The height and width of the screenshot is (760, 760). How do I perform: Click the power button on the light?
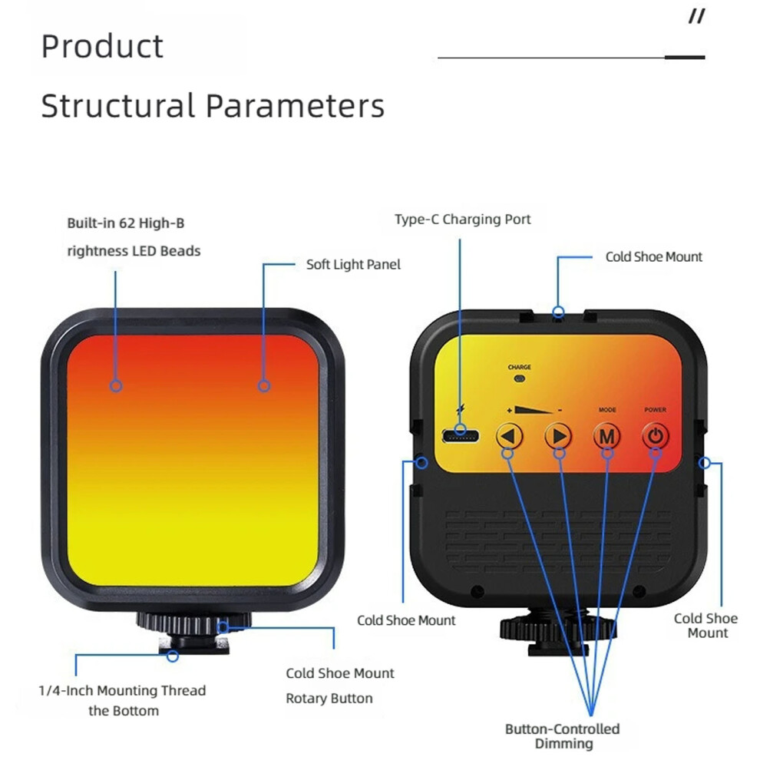coord(656,436)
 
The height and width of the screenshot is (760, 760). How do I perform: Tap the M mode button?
coord(606,436)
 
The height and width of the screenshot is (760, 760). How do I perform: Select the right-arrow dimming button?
coord(558,436)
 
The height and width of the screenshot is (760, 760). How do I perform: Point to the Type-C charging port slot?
coord(461,436)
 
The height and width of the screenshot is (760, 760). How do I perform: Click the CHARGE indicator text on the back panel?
coord(519,367)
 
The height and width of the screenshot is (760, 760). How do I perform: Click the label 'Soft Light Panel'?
coord(353,265)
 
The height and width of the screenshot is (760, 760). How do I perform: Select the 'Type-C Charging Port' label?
coord(462,219)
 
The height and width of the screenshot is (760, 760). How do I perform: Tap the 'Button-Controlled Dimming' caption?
coord(563,735)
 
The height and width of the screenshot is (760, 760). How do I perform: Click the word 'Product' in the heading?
coord(102,47)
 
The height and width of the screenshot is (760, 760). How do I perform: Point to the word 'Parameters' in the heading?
coord(296,106)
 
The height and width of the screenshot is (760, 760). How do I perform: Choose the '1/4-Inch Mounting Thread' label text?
coord(122,690)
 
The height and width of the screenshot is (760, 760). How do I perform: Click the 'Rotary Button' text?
coord(329,699)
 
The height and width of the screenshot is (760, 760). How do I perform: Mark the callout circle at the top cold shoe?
coord(558,312)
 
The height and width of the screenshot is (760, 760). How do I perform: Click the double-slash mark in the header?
coord(697,17)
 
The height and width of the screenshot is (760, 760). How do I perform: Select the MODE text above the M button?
coord(606,410)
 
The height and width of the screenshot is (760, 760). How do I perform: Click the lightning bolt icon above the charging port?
coord(460,410)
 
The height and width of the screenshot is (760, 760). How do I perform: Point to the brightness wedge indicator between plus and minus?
coord(534,410)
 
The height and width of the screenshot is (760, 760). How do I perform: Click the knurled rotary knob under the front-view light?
coord(194,623)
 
